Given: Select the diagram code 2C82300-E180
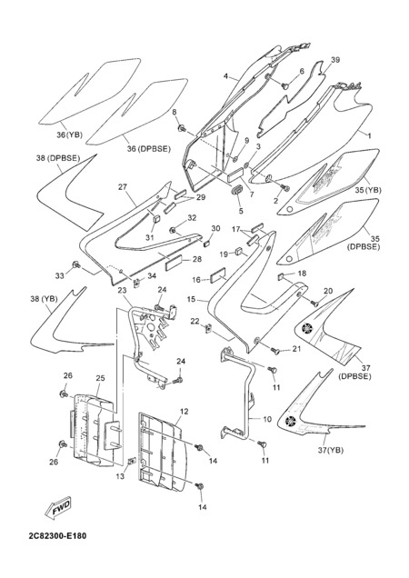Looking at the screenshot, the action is click(x=57, y=535).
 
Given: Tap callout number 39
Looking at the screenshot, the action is click(x=334, y=60).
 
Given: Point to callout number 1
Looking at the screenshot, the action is click(x=369, y=135).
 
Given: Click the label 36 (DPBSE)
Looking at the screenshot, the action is click(x=149, y=149).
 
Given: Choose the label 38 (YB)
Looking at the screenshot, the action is click(x=44, y=299).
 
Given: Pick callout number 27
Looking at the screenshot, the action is click(x=123, y=187).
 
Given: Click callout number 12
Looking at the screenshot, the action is click(x=184, y=412).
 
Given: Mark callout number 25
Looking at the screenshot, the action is click(x=100, y=378).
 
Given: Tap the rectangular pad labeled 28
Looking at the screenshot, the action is click(x=174, y=262).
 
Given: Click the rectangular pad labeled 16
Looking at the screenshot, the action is click(x=218, y=276).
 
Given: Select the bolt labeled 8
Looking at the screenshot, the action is click(x=182, y=128).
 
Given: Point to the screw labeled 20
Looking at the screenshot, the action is click(x=314, y=304).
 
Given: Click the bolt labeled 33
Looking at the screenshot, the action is click(x=76, y=264).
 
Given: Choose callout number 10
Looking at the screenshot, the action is click(x=267, y=419).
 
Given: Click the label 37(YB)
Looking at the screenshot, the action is click(x=331, y=450).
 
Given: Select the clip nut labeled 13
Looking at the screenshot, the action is click(x=131, y=461).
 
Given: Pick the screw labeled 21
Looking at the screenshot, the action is click(x=275, y=351).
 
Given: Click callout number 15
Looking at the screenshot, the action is click(x=191, y=299).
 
